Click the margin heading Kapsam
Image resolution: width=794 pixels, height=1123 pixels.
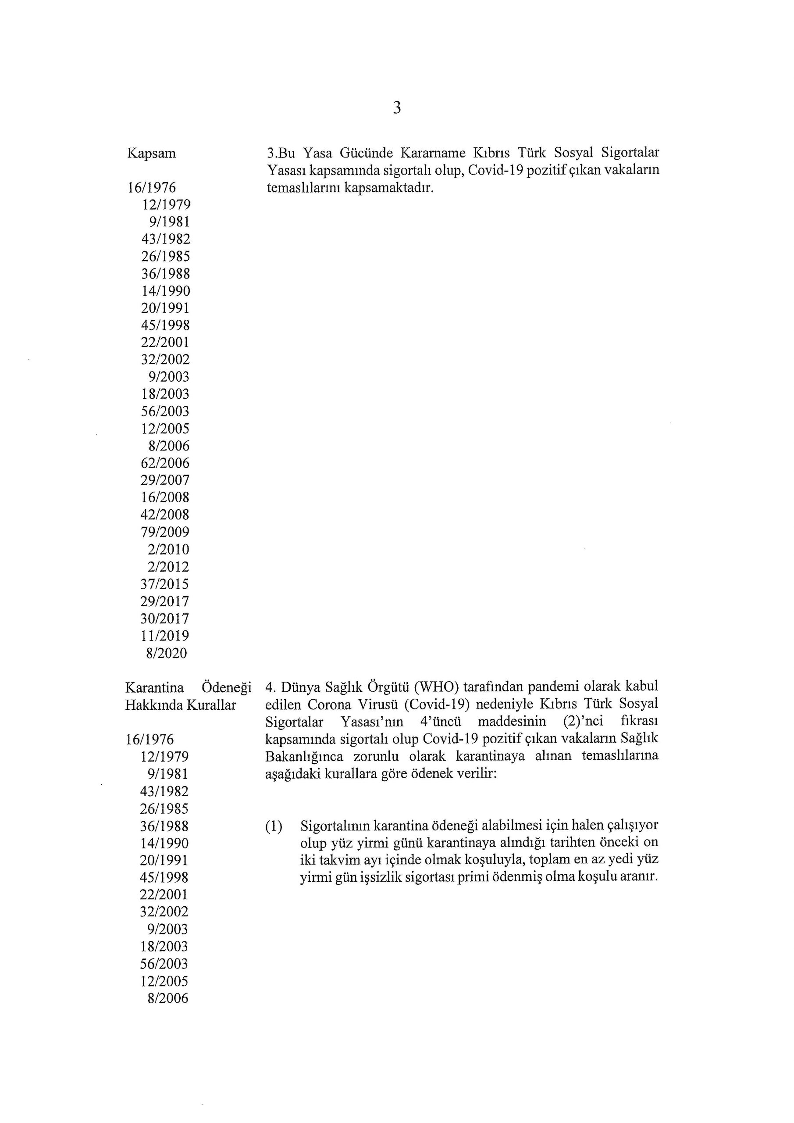click(152, 154)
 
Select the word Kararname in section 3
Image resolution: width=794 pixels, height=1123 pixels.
click(433, 153)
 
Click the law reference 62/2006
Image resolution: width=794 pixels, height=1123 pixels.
click(165, 463)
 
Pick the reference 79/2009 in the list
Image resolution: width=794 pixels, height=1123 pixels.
click(165, 532)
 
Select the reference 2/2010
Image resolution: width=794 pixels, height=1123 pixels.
click(169, 549)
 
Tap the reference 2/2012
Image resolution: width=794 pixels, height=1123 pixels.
click(169, 567)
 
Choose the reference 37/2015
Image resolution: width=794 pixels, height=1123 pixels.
click(165, 584)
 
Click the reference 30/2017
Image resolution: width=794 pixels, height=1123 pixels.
click(165, 619)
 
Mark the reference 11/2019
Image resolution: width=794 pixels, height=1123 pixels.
click(165, 636)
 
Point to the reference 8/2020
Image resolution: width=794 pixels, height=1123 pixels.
click(167, 654)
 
